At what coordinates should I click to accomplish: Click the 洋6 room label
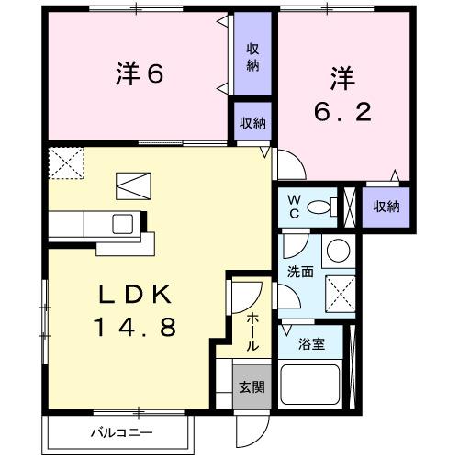point(140,74)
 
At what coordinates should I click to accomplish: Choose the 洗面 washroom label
point(299,274)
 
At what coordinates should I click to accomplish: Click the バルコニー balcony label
point(120,431)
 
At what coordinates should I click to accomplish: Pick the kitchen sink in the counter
point(122,223)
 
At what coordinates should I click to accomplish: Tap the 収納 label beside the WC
point(386,206)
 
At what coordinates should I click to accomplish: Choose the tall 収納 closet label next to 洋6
point(252,57)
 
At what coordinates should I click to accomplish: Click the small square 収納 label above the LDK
point(252,122)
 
